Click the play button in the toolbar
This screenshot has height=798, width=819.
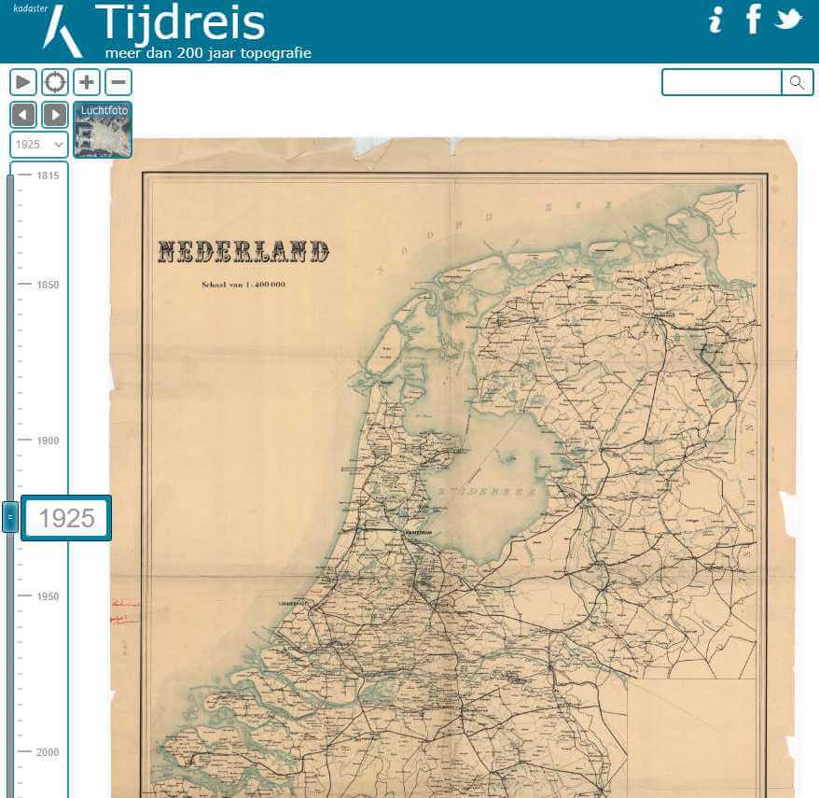[23, 82]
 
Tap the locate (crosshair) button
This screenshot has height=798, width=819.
[55, 82]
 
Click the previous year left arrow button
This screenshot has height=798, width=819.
[23, 115]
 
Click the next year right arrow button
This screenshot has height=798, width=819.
[55, 115]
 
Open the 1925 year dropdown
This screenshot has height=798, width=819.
[38, 145]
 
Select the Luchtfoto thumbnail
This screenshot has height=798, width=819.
[103, 130]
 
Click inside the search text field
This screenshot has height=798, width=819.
[721, 82]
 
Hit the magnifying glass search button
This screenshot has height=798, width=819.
[797, 82]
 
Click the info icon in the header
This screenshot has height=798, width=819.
[715, 20]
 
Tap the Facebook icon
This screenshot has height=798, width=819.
[753, 19]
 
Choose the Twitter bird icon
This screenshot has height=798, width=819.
[788, 19]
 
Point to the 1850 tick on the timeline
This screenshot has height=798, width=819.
[47, 285]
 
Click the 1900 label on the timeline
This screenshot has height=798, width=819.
[47, 441]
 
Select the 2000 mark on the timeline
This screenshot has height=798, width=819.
[47, 752]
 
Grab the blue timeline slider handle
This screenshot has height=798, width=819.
[10, 516]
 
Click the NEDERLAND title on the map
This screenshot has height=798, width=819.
[243, 251]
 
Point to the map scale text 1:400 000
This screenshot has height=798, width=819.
[243, 284]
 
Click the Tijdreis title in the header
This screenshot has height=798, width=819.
[179, 23]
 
